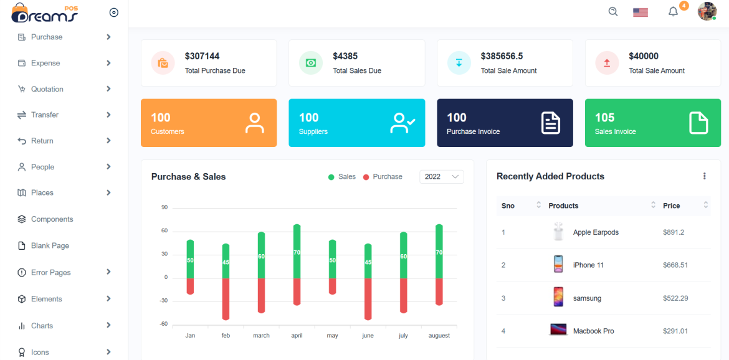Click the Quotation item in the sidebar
tap(47, 89)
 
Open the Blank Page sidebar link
tap(50, 245)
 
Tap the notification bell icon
tap(673, 12)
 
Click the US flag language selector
tap(640, 12)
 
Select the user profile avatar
tap(707, 11)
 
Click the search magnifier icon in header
tap(613, 11)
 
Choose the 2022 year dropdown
tap(441, 177)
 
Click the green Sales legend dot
tap(331, 177)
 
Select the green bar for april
tap(297, 252)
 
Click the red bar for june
tap(368, 299)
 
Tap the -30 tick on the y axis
tap(164, 300)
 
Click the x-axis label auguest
tap(439, 335)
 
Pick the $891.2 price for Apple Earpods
tap(674, 232)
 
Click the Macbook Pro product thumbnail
tap(558, 330)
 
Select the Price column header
tap(671, 206)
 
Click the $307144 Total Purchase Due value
tap(202, 56)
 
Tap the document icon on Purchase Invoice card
tap(550, 123)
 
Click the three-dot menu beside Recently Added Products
tap(704, 176)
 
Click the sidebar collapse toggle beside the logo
tap(113, 12)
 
